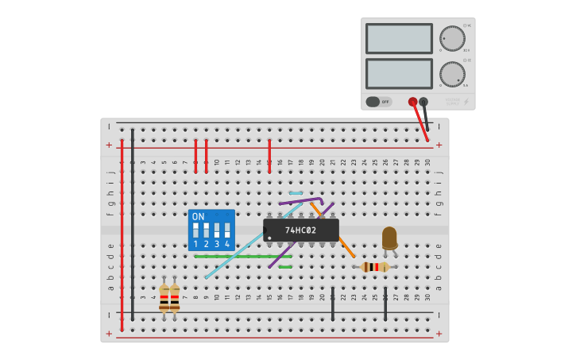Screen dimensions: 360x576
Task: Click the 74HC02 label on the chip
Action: coord(301,230)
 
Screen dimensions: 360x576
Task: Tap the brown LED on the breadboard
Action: coord(389,238)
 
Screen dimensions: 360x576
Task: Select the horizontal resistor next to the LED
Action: coord(375,267)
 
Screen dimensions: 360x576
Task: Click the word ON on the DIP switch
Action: coord(199,216)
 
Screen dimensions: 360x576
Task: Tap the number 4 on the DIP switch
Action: coord(227,245)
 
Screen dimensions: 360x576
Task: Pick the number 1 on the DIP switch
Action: coord(195,245)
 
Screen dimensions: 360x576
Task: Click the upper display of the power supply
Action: coord(399,38)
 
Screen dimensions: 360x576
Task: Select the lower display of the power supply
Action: coord(399,73)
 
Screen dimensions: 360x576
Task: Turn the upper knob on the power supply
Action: coord(452,38)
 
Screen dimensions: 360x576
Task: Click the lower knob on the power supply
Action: coord(452,74)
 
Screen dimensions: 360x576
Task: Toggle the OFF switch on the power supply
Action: coord(379,102)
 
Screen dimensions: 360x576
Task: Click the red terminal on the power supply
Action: coord(412,102)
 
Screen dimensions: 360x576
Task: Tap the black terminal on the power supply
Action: coord(423,102)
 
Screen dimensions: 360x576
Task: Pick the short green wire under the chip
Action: coord(285,267)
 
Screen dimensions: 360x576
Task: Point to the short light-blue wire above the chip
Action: coord(296,193)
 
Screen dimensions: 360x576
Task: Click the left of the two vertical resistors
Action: coord(164,298)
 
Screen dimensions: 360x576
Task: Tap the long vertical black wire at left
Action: coord(132,223)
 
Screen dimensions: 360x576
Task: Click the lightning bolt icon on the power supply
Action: coord(466,102)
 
